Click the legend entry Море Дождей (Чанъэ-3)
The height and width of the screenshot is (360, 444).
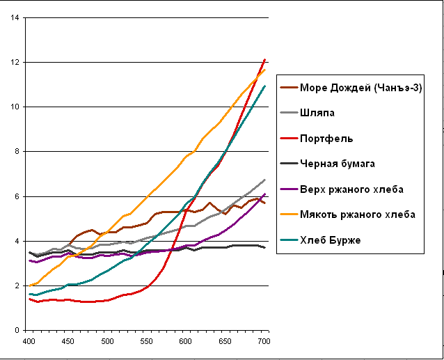[x=361, y=88]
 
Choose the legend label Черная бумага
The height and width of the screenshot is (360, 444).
[x=338, y=164]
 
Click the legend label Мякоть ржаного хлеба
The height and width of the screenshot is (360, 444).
[x=357, y=214]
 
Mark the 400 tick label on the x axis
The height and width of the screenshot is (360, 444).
[x=29, y=342]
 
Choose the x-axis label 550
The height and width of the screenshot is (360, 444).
[x=147, y=342]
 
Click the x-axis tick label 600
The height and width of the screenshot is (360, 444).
[x=186, y=342]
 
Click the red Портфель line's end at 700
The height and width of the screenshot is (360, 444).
[x=264, y=60]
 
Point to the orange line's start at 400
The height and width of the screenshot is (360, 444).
[x=29, y=285]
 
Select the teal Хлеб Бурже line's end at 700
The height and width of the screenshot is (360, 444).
[x=264, y=86]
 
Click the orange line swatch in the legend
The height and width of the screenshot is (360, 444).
[x=289, y=214]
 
